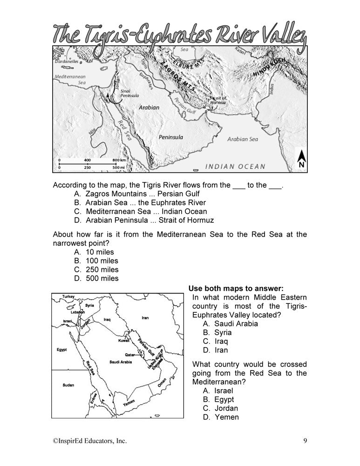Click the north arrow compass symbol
point(301,158)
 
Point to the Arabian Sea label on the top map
point(242,139)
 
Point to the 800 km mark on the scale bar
point(119,160)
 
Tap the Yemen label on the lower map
point(129,405)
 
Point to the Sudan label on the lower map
point(68,385)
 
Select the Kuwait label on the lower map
point(124,341)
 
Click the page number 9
point(304,440)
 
